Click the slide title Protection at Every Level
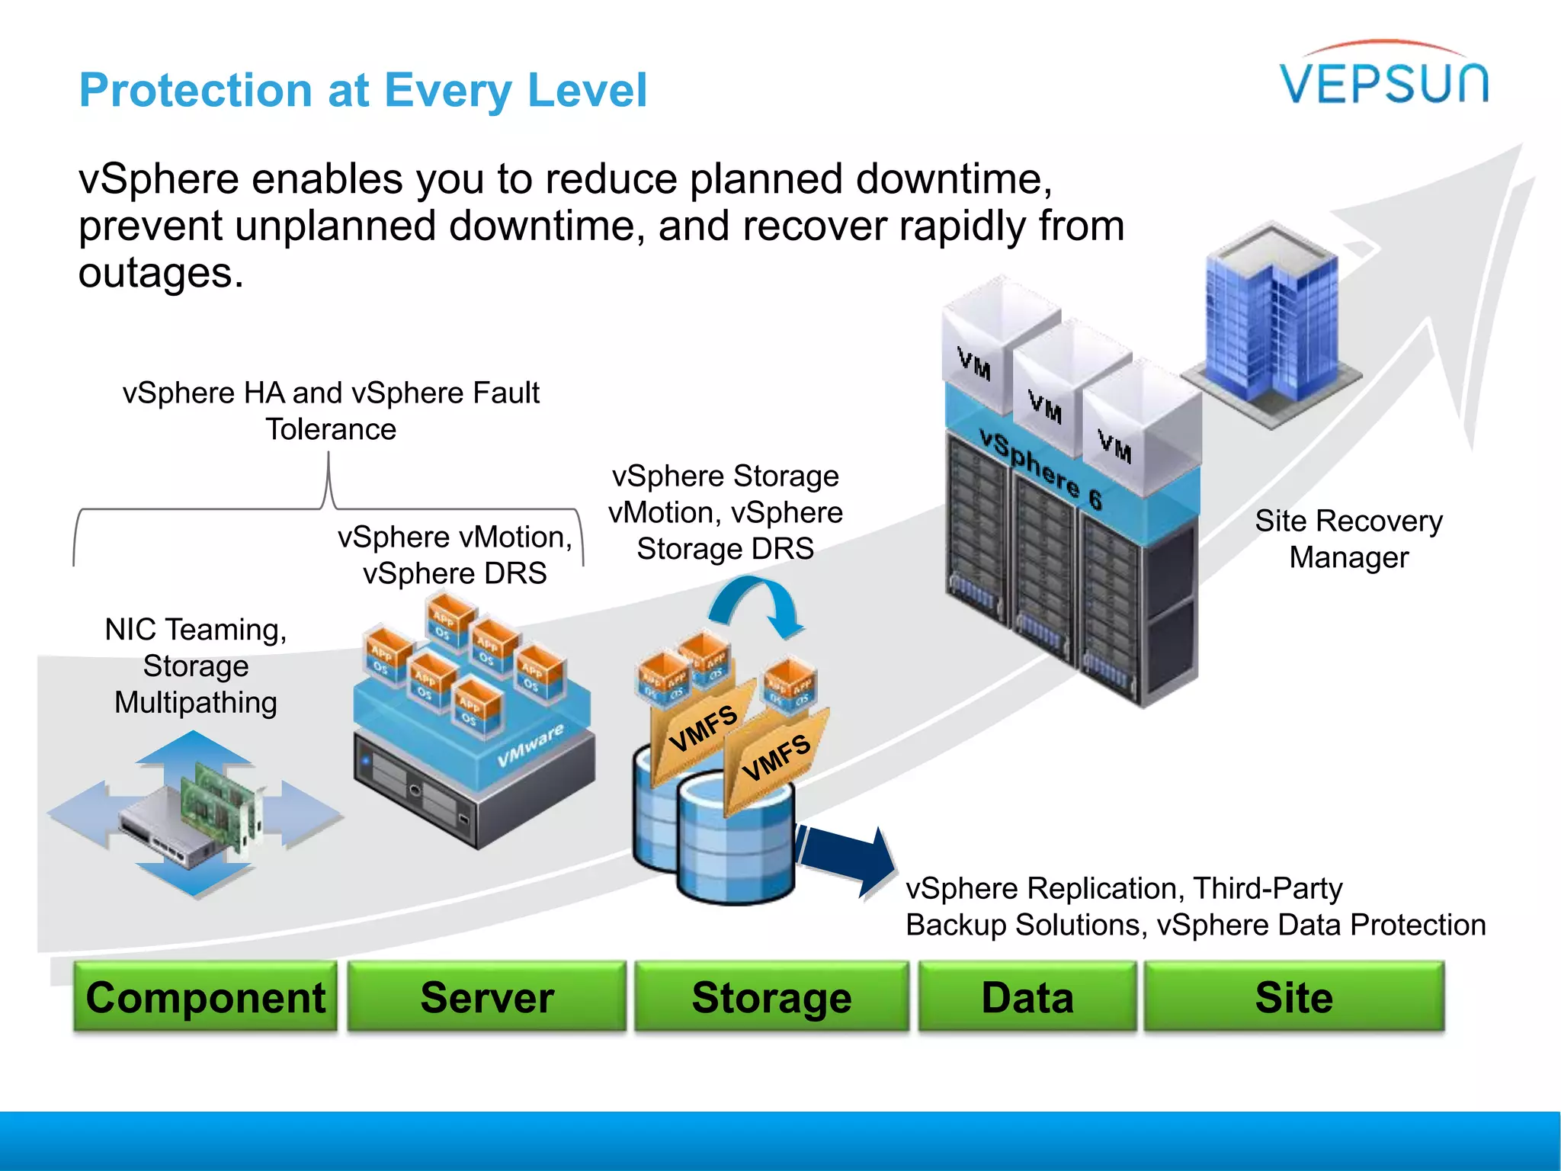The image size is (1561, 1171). pos(363,90)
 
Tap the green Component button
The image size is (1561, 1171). pos(205,997)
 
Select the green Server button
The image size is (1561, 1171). pos(486,997)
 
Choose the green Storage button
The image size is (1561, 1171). pos(771,997)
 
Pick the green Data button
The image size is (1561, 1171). pos(1027,997)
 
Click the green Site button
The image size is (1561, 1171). pos(1293,997)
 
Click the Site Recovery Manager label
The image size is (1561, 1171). pos(1348,539)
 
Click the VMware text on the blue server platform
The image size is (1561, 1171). pos(530,746)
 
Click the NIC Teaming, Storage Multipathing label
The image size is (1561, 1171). pos(196,666)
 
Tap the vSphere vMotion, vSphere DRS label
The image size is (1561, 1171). pos(455,554)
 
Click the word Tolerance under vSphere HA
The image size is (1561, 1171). pos(331,429)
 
